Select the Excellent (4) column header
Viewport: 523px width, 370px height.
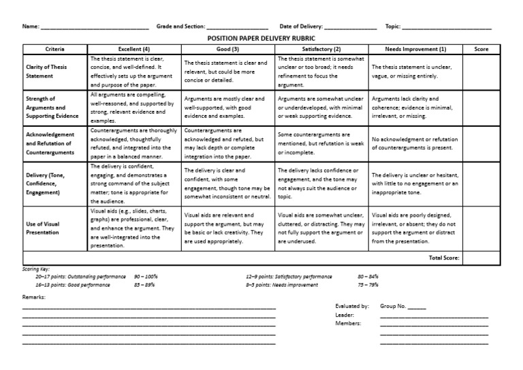(x=134, y=50)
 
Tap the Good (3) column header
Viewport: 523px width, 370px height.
(x=228, y=50)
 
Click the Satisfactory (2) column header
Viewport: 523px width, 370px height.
(x=322, y=50)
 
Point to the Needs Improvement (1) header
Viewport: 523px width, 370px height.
(x=416, y=50)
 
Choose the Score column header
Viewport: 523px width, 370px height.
(x=481, y=50)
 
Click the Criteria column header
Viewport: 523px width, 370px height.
(x=54, y=50)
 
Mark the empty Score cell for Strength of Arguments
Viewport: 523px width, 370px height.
(x=481, y=107)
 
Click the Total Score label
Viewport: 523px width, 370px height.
(x=444, y=258)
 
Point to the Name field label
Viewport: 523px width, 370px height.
(x=31, y=27)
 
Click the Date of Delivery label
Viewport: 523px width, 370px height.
(x=300, y=27)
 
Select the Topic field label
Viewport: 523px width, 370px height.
(x=392, y=27)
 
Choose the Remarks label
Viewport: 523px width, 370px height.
(x=34, y=298)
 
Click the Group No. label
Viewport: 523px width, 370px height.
(x=394, y=307)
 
